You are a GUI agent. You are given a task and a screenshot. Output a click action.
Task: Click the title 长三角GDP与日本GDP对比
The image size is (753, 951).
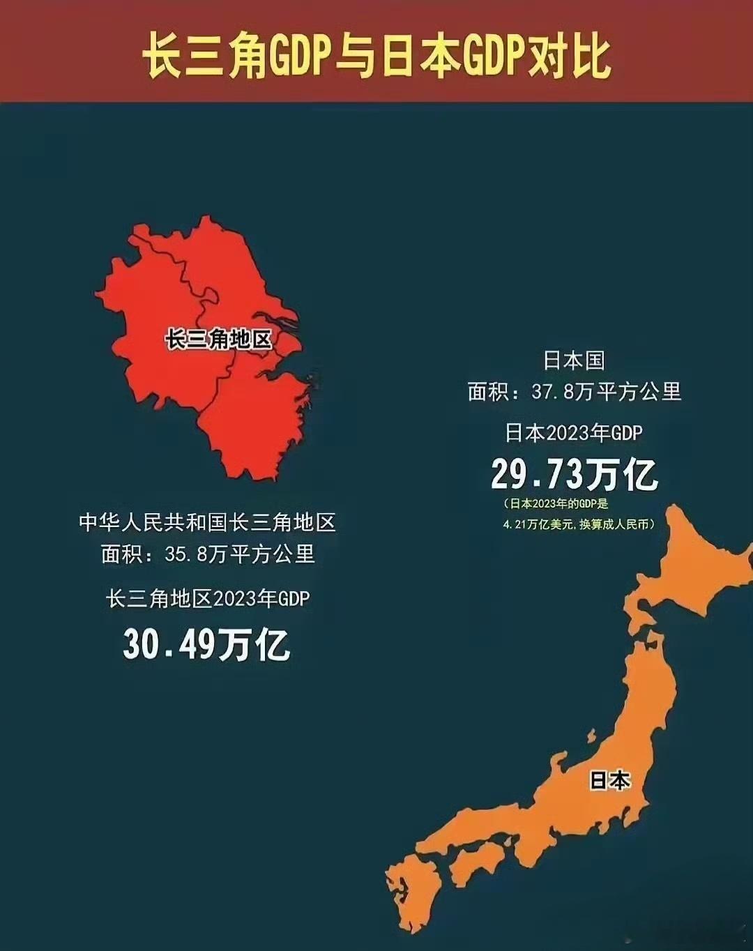[376, 55]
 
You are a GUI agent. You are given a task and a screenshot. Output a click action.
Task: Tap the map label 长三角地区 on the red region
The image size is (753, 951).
[218, 340]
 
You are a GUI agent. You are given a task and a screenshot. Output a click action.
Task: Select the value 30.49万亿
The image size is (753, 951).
[206, 644]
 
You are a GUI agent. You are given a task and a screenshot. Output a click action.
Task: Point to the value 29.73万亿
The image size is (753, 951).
[574, 475]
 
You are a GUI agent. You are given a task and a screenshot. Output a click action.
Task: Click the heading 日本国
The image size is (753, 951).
[574, 360]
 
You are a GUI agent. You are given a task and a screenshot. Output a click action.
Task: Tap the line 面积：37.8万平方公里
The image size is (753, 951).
[574, 392]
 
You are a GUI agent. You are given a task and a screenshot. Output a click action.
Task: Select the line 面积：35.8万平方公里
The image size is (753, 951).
[208, 554]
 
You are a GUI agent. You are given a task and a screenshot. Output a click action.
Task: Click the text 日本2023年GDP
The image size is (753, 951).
[574, 433]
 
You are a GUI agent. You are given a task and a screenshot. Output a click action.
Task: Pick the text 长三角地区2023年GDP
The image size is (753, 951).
[208, 598]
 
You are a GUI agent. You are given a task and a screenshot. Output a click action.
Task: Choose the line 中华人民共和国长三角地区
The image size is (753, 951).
[208, 522]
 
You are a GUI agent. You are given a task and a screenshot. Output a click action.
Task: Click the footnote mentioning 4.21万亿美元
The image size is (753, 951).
[579, 524]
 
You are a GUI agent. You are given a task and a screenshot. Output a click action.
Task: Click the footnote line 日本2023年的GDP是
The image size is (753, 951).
[558, 503]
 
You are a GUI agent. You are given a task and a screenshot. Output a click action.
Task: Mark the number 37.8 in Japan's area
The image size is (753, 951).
[553, 392]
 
